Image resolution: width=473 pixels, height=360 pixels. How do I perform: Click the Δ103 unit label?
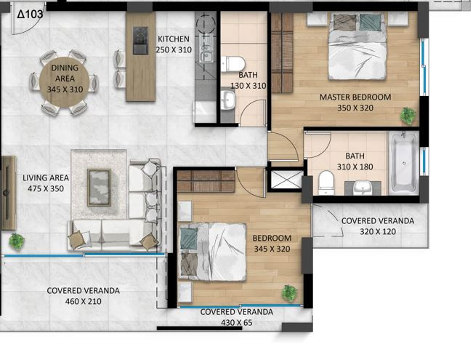pos(30,14)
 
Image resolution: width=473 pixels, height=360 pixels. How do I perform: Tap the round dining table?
pos(64,82)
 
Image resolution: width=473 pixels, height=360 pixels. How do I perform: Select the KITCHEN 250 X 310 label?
pos(174,44)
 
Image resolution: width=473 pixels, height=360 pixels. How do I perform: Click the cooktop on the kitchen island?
pos(140,40)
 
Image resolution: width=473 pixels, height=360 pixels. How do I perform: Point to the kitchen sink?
pos(206,54)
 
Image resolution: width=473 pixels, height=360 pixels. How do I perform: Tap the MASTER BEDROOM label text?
pos(355,97)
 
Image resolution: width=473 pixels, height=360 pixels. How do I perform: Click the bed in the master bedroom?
pos(357,47)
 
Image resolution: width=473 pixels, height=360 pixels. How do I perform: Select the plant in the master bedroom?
pos(408,116)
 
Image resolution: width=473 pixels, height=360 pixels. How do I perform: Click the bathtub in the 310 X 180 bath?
pos(404,163)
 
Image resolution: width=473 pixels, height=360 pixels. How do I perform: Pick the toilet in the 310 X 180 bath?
pos(326,183)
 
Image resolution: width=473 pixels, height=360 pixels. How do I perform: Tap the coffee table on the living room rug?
pos(99,187)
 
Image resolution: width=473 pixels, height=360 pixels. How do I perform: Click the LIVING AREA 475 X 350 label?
pos(46,183)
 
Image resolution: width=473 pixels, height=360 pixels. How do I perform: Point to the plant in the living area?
pos(17,241)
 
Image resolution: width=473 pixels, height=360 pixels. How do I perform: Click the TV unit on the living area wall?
pos(8,193)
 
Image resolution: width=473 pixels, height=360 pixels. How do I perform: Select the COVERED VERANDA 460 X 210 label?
pos(84,296)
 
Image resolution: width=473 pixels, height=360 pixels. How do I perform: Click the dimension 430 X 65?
pos(237,323)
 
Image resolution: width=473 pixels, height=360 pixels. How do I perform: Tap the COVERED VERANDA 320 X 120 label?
pos(378,226)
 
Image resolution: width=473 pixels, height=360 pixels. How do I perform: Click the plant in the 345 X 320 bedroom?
pos(290,294)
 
